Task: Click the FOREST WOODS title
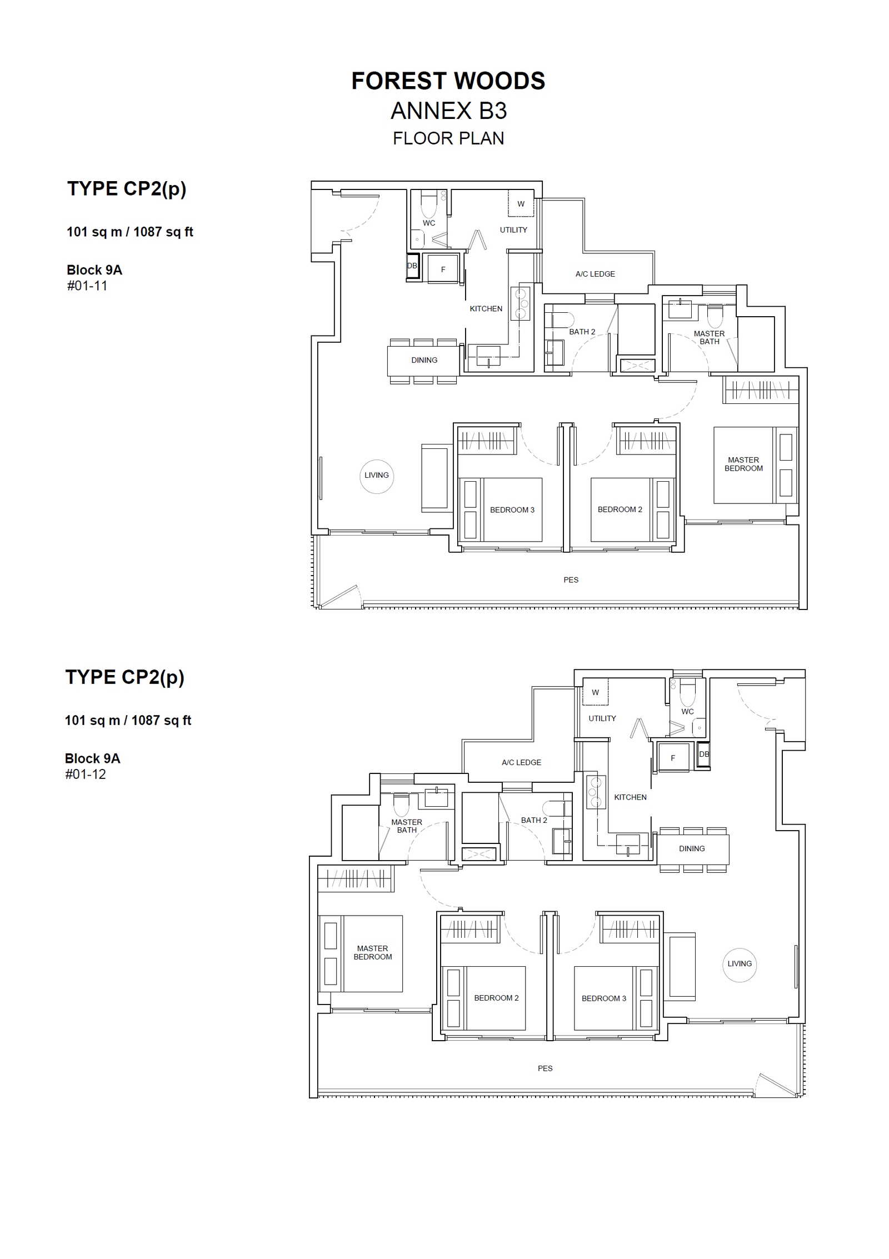click(x=448, y=81)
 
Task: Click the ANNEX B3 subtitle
click(x=448, y=111)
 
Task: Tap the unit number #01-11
click(x=87, y=286)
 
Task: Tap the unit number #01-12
click(x=86, y=774)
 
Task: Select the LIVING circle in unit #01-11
click(x=377, y=476)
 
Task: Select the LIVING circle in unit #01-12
click(x=740, y=965)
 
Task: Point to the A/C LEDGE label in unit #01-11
click(x=595, y=274)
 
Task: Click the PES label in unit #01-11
click(x=571, y=579)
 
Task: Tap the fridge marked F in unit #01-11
click(x=443, y=269)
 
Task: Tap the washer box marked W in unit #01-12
click(x=595, y=692)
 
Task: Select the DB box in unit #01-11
click(x=412, y=267)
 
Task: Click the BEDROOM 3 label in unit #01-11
click(x=512, y=509)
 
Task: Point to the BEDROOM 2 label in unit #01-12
click(x=496, y=998)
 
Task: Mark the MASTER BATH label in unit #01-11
click(x=709, y=337)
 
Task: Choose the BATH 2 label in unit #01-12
click(x=534, y=820)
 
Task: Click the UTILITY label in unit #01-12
click(x=602, y=718)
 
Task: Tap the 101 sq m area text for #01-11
click(x=94, y=232)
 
